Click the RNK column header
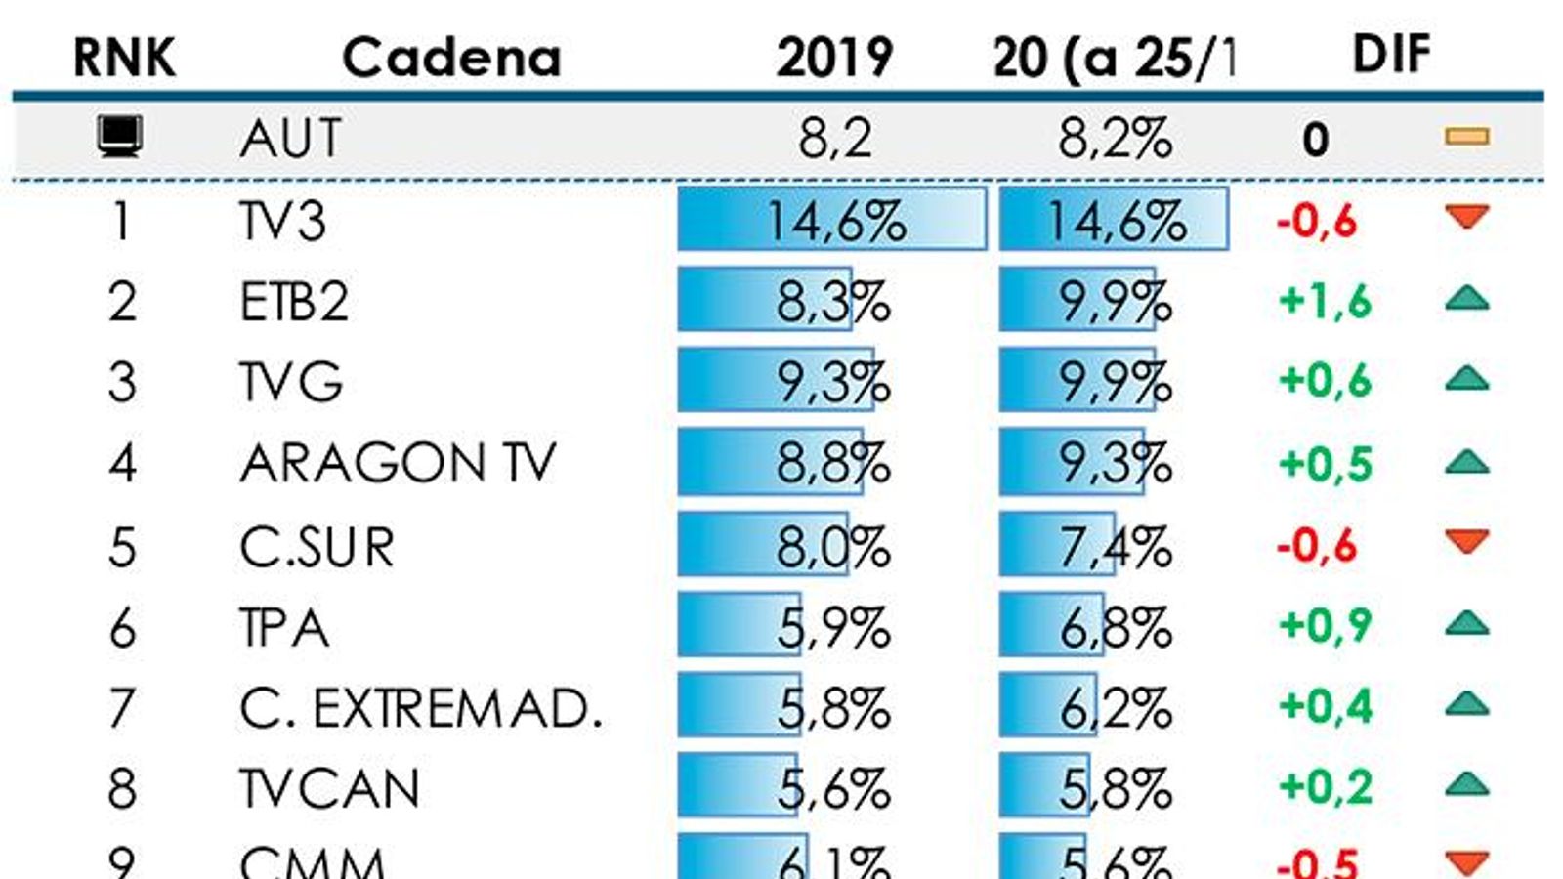click(124, 57)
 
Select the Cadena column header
click(451, 57)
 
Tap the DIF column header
click(1391, 54)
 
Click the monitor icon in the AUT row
click(120, 137)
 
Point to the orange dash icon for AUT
click(1466, 137)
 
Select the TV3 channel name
click(282, 221)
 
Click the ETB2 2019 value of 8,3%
click(833, 301)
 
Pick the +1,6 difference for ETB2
click(1325, 301)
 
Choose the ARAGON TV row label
click(398, 462)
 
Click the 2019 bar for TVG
click(776, 381)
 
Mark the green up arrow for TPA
click(1466, 623)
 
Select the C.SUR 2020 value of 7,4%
click(1116, 546)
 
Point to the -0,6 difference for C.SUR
click(1317, 545)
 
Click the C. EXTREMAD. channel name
click(420, 708)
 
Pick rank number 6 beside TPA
click(122, 627)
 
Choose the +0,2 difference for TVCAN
click(1325, 786)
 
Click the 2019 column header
click(834, 57)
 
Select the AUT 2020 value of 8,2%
click(1115, 138)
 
